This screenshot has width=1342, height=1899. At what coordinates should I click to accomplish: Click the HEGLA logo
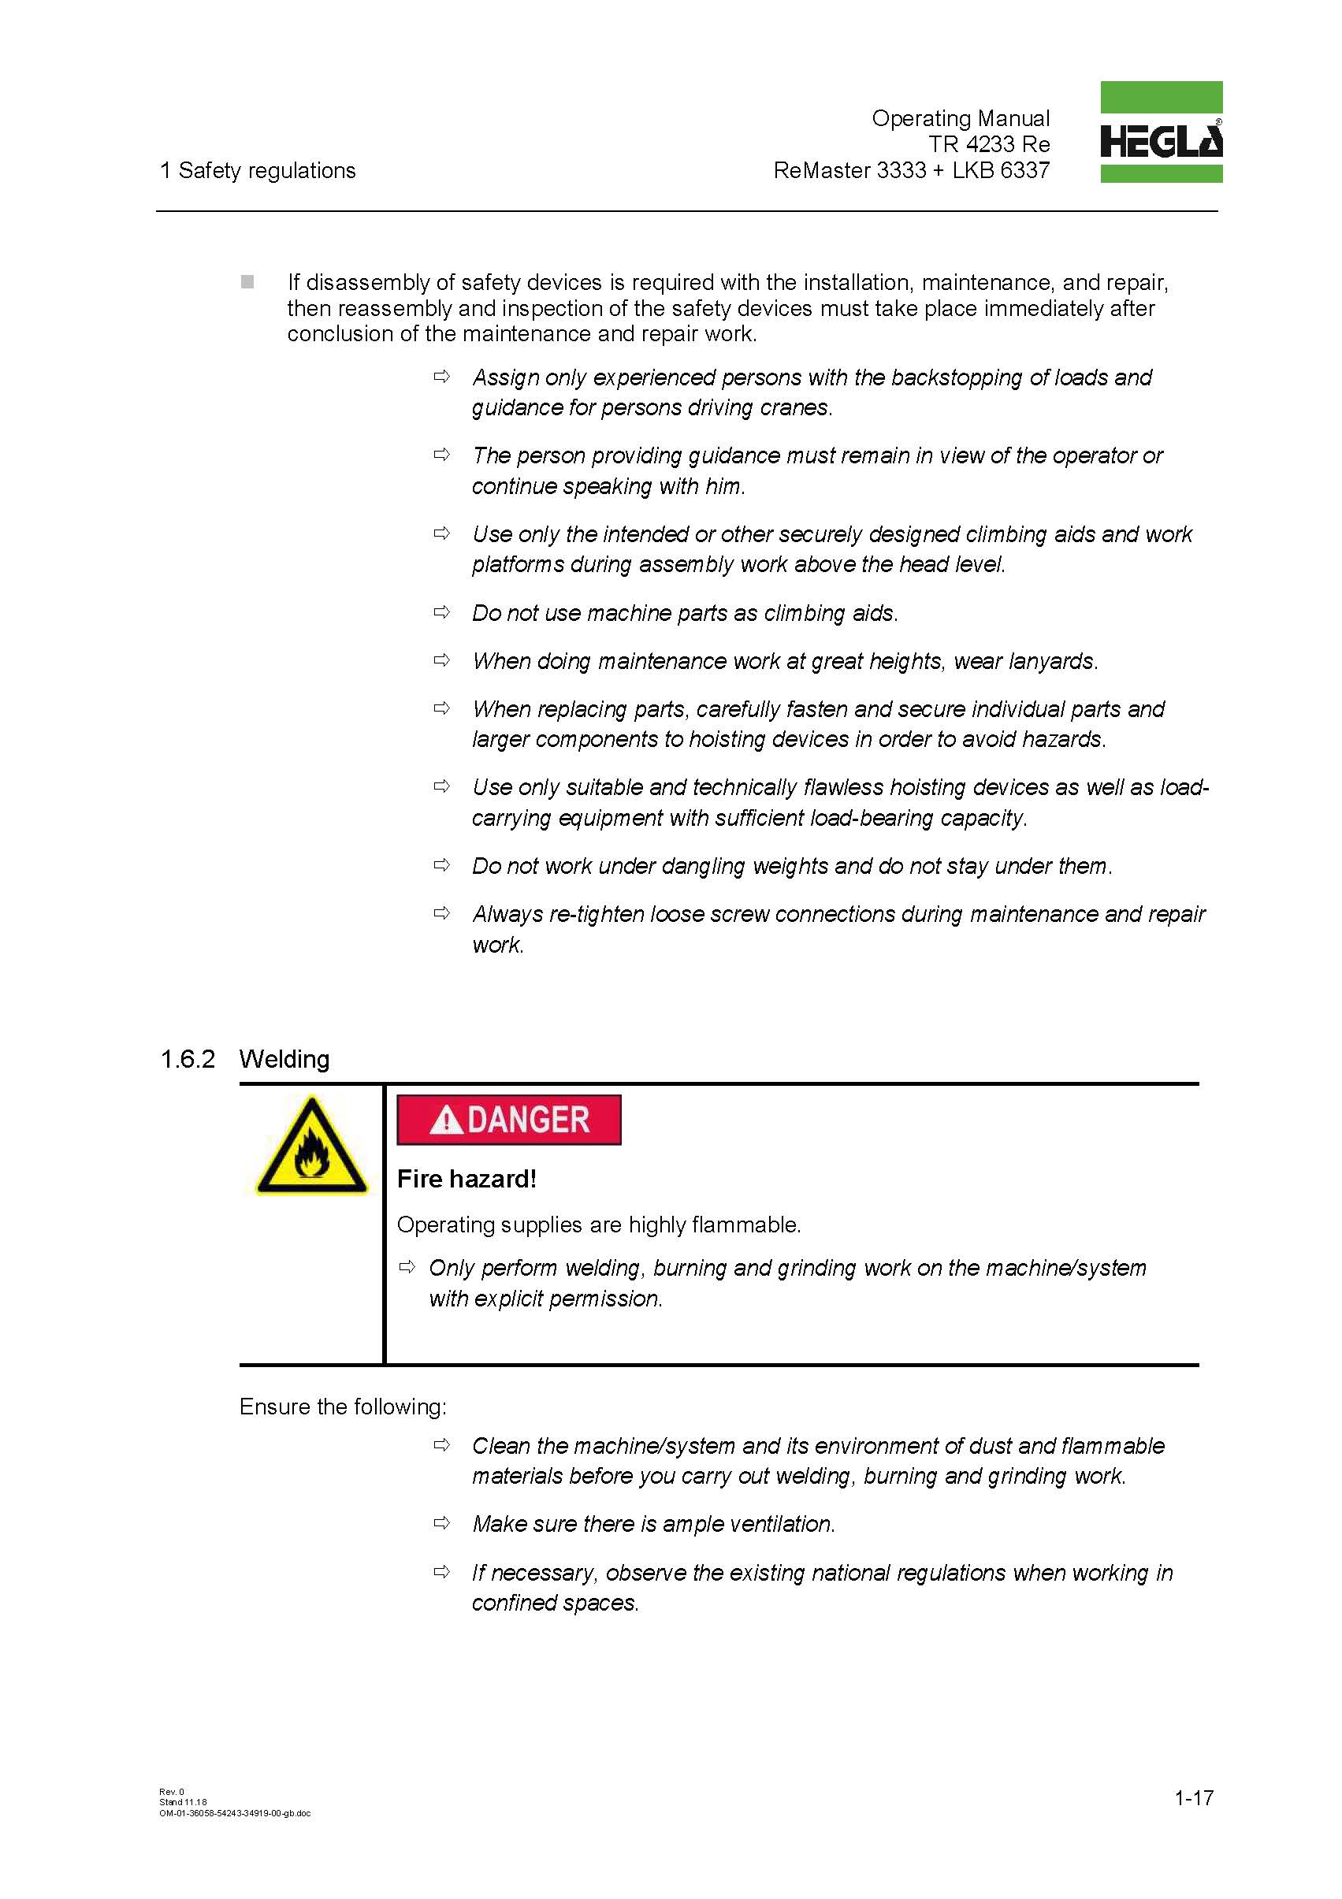tap(1160, 132)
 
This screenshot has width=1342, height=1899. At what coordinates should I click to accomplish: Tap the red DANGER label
tap(508, 1120)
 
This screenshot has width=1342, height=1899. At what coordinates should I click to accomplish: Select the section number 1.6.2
tap(187, 1060)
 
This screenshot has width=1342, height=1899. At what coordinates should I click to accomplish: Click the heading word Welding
tap(284, 1060)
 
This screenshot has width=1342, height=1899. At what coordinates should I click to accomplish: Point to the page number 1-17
tap(1193, 1797)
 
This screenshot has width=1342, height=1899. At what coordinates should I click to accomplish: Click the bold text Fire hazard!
tap(467, 1179)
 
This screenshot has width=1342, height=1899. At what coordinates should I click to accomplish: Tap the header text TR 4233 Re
tap(989, 145)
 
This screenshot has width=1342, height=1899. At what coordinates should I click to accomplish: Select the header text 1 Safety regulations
tap(258, 170)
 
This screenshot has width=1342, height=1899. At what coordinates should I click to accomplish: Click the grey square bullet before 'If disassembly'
tap(247, 282)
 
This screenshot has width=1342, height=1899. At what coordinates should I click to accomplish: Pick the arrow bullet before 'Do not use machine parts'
tap(442, 612)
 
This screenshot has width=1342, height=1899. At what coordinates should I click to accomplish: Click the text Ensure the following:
tap(343, 1407)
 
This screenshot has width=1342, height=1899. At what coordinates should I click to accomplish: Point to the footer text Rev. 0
tap(171, 1792)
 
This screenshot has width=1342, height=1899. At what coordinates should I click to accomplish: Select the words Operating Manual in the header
tap(960, 118)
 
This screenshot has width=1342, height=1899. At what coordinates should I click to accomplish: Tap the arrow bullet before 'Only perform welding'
tap(407, 1267)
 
